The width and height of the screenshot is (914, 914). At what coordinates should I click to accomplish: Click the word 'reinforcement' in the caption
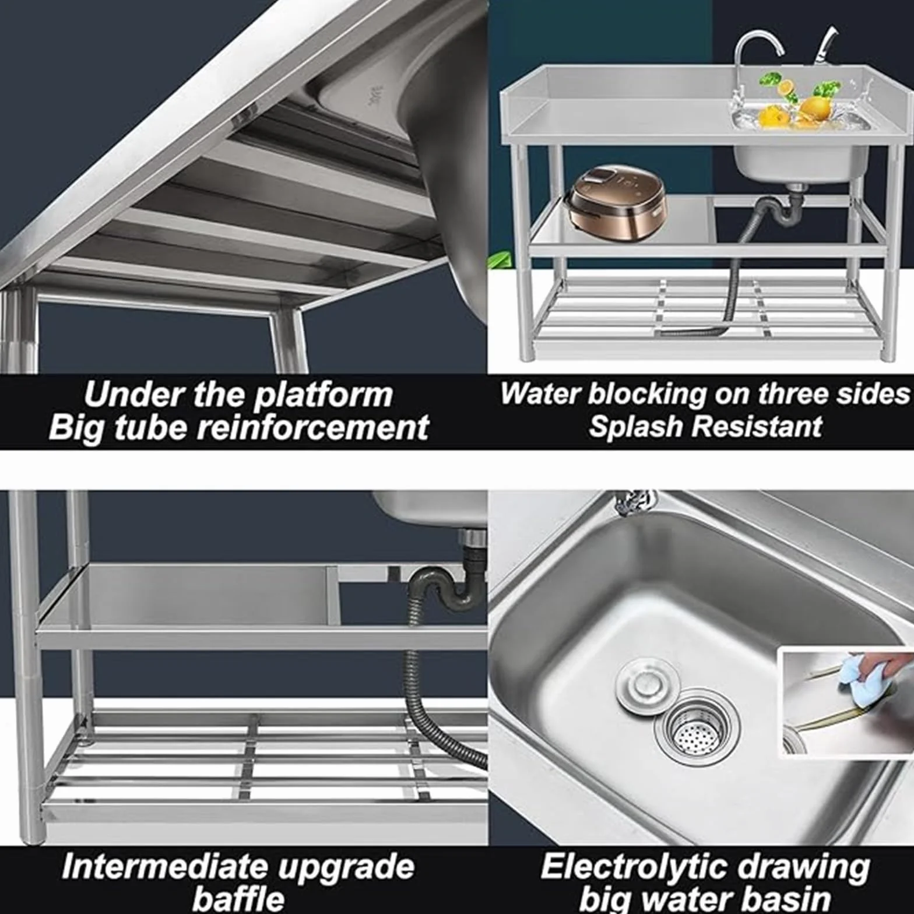[313, 427]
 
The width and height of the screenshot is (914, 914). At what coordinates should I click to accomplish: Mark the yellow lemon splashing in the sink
[815, 107]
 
